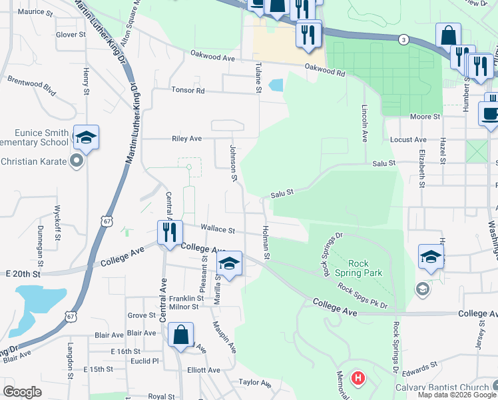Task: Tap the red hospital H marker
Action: (358, 379)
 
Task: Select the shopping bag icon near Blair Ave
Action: (180, 335)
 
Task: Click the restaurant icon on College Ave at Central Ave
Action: (170, 233)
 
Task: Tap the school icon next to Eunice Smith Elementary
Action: (86, 137)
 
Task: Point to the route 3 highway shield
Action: (403, 40)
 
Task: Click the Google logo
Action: (23, 392)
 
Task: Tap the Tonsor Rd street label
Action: (188, 90)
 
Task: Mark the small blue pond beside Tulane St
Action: (276, 85)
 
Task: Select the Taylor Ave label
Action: (256, 383)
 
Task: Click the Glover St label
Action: (71, 34)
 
